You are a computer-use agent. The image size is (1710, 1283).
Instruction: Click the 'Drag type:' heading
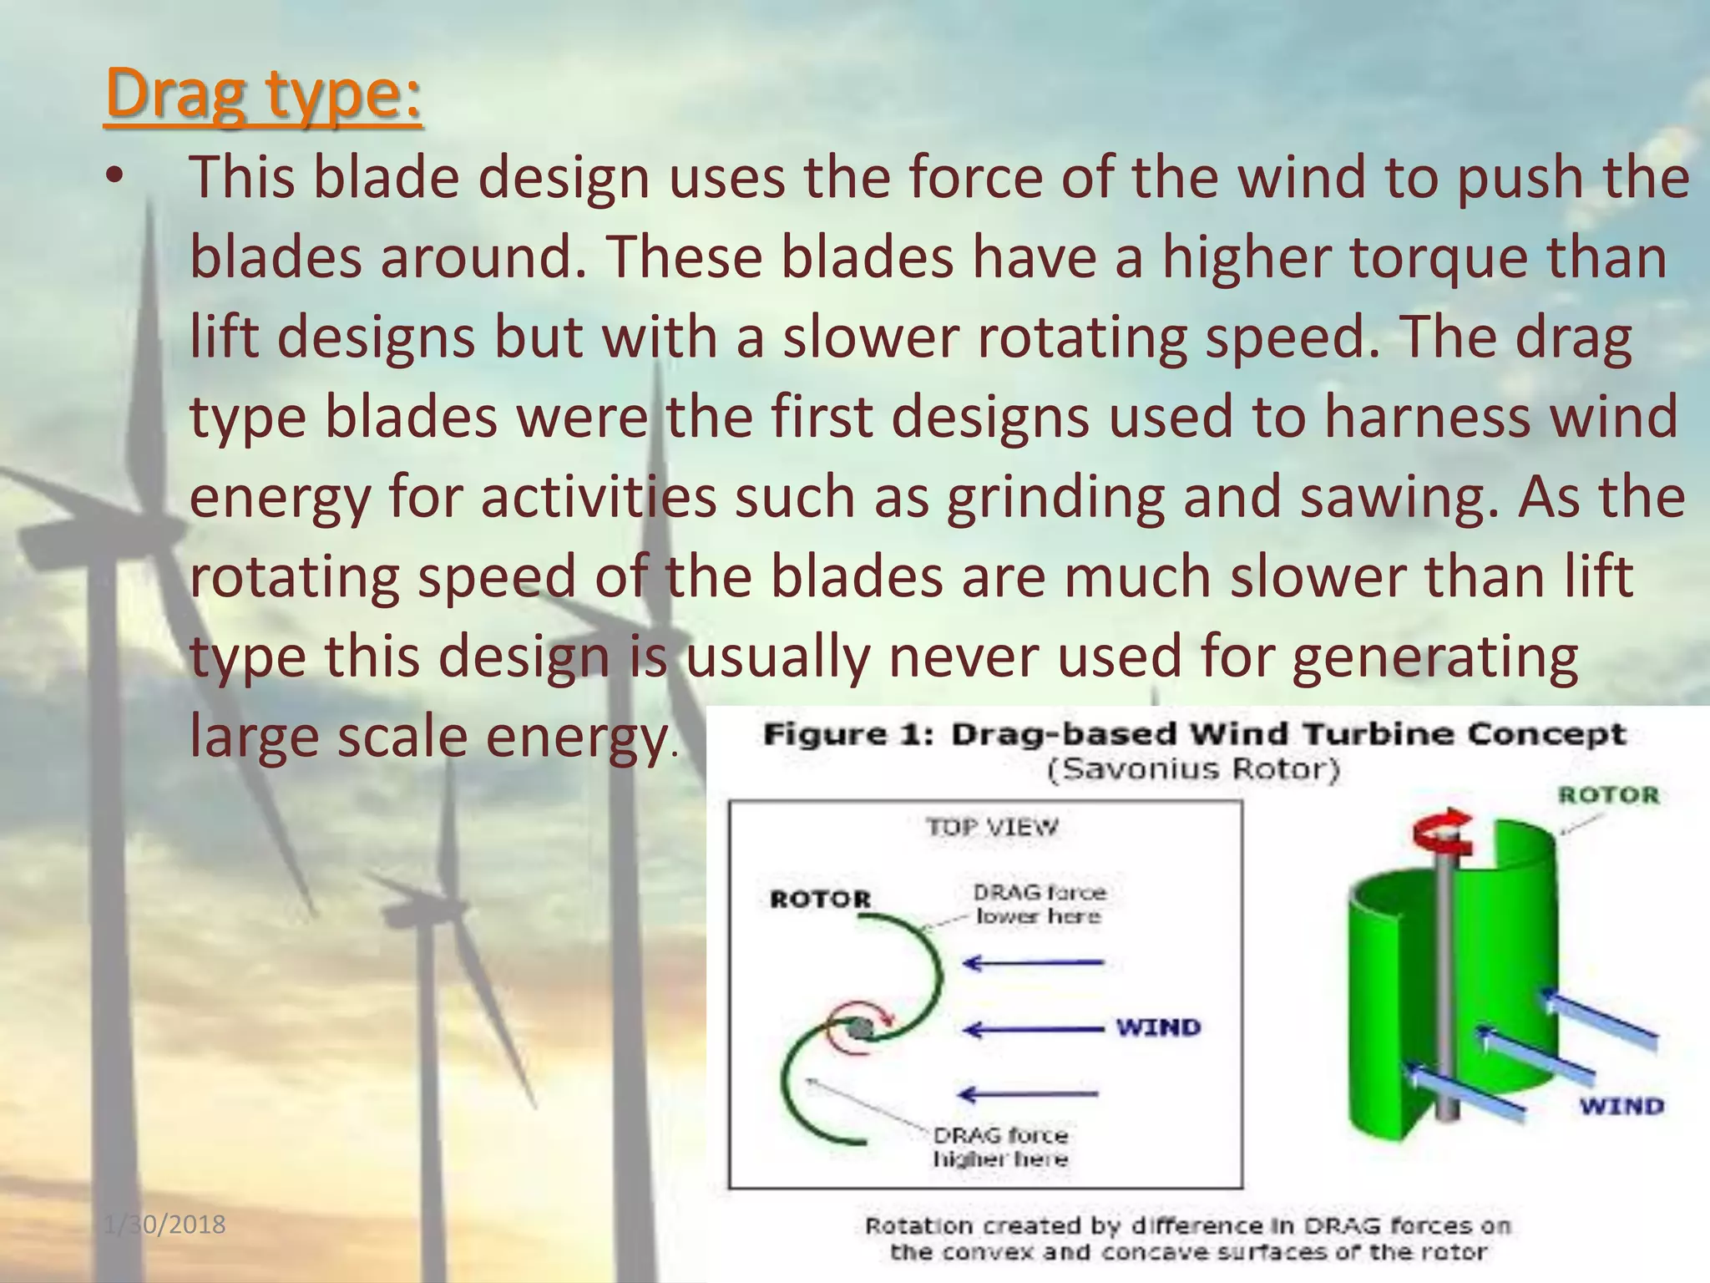click(264, 94)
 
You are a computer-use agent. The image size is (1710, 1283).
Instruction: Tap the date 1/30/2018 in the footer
click(165, 1225)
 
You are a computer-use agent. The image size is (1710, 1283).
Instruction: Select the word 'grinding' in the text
click(1056, 496)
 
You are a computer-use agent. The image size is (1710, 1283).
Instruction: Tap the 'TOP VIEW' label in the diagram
click(992, 828)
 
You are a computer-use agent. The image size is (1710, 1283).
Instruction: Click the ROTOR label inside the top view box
click(820, 900)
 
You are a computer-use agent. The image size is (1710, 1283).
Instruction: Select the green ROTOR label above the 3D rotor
click(1608, 795)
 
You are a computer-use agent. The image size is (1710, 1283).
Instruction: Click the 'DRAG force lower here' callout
click(1039, 905)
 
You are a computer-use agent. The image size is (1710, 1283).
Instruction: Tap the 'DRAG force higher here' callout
click(1000, 1147)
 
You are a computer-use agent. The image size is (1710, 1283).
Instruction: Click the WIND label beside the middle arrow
click(1159, 1027)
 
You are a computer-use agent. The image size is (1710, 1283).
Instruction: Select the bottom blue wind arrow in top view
click(1029, 1093)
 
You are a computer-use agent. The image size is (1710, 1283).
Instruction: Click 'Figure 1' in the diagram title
click(847, 734)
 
